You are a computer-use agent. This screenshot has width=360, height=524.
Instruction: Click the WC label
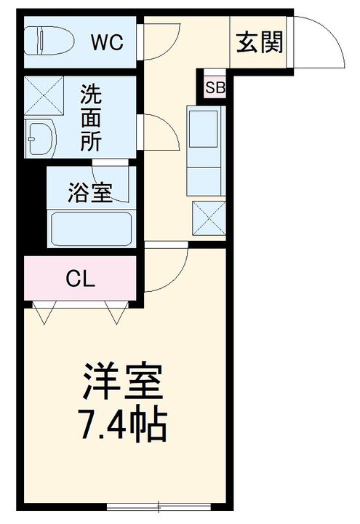(x=106, y=42)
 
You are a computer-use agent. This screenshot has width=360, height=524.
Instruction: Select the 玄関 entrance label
(x=260, y=44)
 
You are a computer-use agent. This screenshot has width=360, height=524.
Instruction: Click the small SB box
(x=215, y=88)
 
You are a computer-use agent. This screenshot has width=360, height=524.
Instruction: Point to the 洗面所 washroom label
(x=91, y=118)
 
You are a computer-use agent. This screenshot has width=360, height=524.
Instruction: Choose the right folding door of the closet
(x=116, y=312)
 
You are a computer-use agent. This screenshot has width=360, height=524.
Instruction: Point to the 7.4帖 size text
(x=122, y=426)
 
